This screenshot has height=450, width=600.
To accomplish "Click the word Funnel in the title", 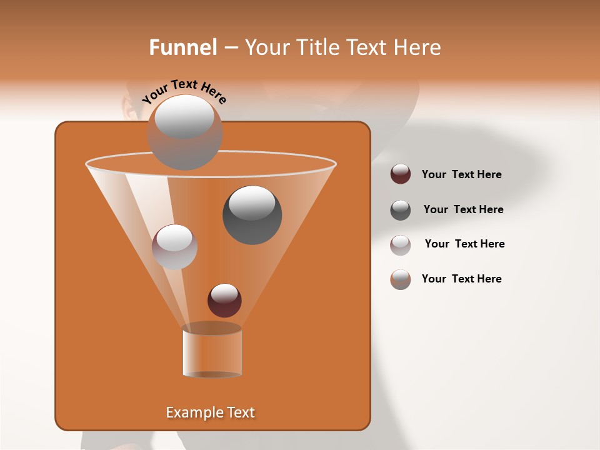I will (182, 47).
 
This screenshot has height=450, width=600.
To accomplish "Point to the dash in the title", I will (230, 48).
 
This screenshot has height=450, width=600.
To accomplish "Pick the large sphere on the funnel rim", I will (185, 132).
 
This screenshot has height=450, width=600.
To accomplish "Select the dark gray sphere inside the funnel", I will (252, 214).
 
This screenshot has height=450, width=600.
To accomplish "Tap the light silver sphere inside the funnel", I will (174, 246).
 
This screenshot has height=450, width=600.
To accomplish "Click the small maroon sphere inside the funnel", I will (224, 300).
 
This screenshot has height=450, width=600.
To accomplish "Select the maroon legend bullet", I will (401, 174).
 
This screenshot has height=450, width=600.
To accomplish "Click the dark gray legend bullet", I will (401, 209).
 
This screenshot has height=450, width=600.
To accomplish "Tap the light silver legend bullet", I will (401, 244).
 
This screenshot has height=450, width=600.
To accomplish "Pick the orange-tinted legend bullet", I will (401, 279).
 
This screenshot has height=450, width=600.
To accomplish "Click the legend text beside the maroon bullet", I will (461, 174).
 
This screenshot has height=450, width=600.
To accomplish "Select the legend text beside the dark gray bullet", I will (463, 209).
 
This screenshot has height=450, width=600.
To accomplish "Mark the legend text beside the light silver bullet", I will (464, 244).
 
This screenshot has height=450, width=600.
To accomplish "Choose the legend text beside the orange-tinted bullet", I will (461, 279).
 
